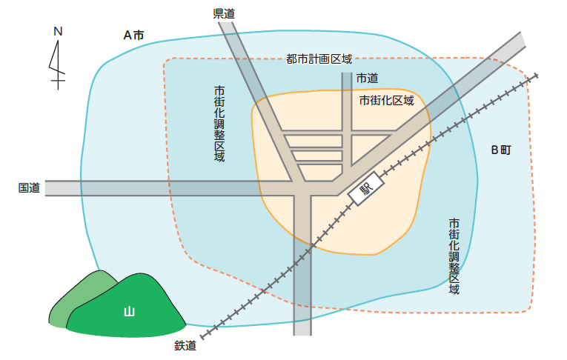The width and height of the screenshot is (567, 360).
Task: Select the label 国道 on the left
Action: pyautogui.click(x=29, y=188)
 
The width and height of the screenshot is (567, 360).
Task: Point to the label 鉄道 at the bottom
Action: pyautogui.click(x=185, y=344)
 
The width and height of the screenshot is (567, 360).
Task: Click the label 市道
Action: pyautogui.click(x=367, y=78)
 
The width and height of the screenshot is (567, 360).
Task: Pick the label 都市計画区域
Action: pyautogui.click(x=319, y=59)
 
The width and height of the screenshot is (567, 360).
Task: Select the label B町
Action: pyautogui.click(x=501, y=150)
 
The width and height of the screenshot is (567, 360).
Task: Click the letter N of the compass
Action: pyautogui.click(x=57, y=31)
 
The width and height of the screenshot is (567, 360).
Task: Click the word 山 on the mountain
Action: pyautogui.click(x=129, y=312)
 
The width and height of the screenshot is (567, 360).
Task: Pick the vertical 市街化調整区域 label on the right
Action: pyautogui.click(x=454, y=256)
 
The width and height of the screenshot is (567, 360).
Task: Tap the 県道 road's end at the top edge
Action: pyautogui.click(x=228, y=27)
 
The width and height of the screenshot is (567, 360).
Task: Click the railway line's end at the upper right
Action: pyautogui.click(x=534, y=76)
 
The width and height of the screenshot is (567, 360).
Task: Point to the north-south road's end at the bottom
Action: pyautogui.click(x=302, y=330)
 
